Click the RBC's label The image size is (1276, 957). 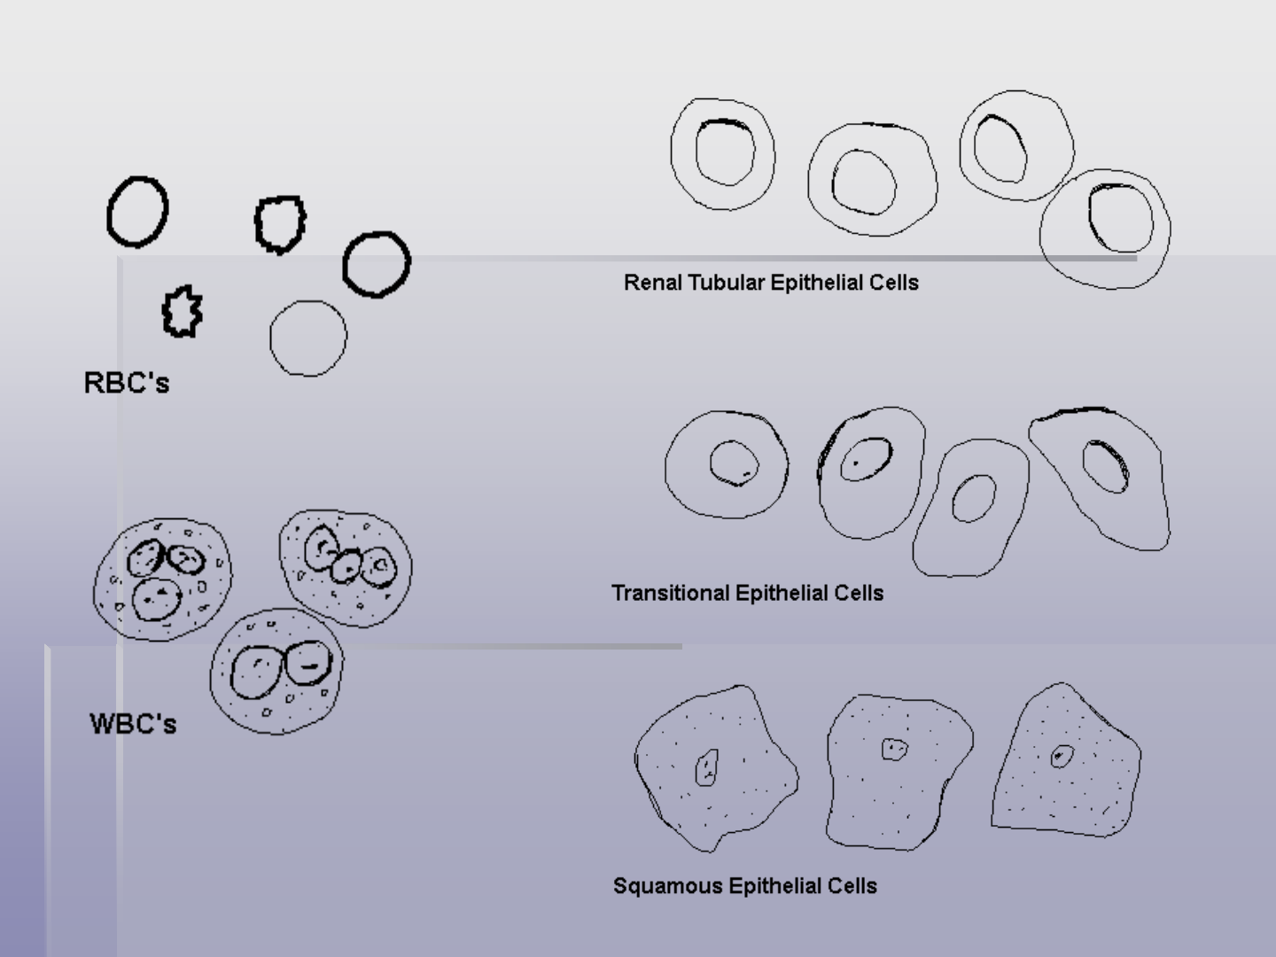coord(127,383)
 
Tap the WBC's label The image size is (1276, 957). coord(133,724)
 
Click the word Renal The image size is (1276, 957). coord(653,283)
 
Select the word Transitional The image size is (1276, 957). coord(671,593)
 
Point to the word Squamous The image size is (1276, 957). coord(668,886)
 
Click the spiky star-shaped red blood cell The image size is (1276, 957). coord(183,311)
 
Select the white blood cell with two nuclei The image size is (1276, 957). coord(276,671)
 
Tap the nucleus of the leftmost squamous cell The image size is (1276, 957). coord(706,767)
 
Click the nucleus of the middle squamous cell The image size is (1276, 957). coord(894,749)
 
